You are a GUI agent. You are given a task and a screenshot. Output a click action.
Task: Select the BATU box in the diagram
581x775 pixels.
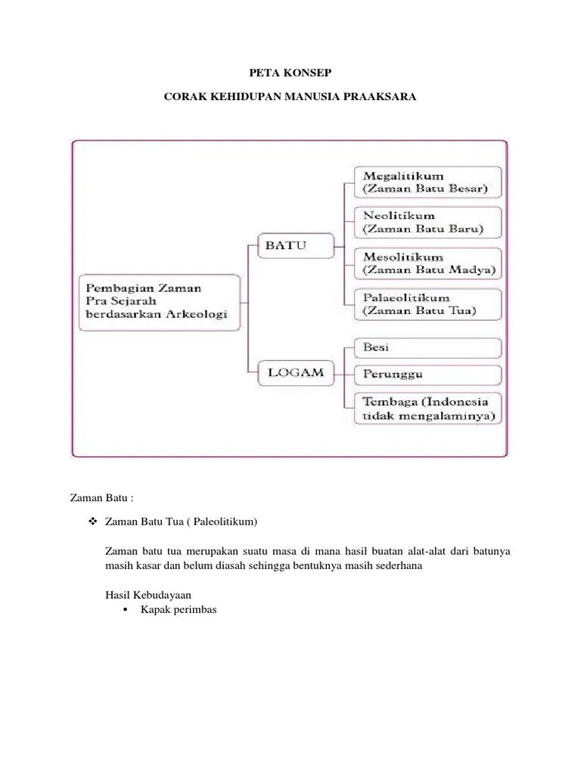[287, 244]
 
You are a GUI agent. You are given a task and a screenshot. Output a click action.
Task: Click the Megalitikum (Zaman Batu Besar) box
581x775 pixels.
[427, 182]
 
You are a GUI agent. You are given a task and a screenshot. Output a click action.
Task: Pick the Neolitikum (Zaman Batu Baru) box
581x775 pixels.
[427, 223]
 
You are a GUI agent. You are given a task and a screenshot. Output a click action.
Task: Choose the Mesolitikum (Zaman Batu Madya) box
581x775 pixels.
[427, 263]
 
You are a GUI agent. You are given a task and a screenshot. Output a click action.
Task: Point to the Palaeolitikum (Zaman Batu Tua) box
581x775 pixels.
[427, 304]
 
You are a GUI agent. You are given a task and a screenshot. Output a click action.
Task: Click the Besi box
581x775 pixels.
[427, 348]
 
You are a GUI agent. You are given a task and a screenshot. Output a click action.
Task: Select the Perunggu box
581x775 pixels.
[427, 375]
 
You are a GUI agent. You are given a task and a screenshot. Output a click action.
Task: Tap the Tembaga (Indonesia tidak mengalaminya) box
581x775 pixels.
[427, 407]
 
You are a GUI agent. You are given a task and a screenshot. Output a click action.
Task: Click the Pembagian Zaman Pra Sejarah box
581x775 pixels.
[158, 301]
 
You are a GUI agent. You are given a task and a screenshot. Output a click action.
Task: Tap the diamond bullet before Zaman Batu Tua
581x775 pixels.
[93, 522]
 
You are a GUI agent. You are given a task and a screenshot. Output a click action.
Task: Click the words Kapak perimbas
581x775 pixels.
[179, 609]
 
